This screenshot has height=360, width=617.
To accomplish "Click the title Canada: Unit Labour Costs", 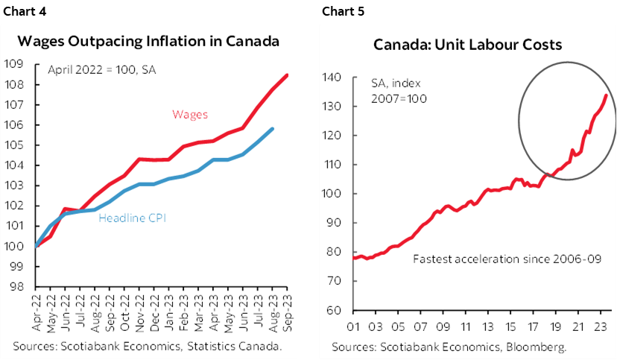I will [467, 46].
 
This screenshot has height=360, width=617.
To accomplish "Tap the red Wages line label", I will [190, 114].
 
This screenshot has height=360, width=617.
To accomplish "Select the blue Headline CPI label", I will [133, 219].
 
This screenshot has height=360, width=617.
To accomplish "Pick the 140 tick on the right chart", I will [332, 78].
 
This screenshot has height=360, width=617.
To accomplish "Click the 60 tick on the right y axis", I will [335, 310].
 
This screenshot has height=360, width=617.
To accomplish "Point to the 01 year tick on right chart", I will [353, 325].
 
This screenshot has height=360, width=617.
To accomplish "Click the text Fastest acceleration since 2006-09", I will [504, 259].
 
